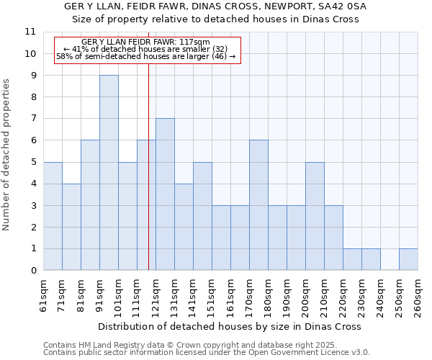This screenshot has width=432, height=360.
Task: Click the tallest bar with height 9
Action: (x=109, y=173)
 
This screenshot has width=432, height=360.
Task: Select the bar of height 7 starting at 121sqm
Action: (x=165, y=194)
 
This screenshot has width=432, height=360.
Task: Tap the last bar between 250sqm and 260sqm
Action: (x=408, y=259)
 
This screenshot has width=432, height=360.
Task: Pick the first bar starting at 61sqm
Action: (x=53, y=216)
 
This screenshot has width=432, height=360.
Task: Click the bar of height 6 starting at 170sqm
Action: (x=258, y=205)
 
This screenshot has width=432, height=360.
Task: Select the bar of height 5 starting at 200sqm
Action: (x=315, y=216)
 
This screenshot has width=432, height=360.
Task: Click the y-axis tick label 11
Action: (x=30, y=32)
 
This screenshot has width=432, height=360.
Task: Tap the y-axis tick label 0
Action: (x=33, y=271)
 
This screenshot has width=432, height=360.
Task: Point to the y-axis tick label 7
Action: (x=33, y=119)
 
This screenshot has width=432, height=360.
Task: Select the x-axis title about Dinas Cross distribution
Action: (x=230, y=326)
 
